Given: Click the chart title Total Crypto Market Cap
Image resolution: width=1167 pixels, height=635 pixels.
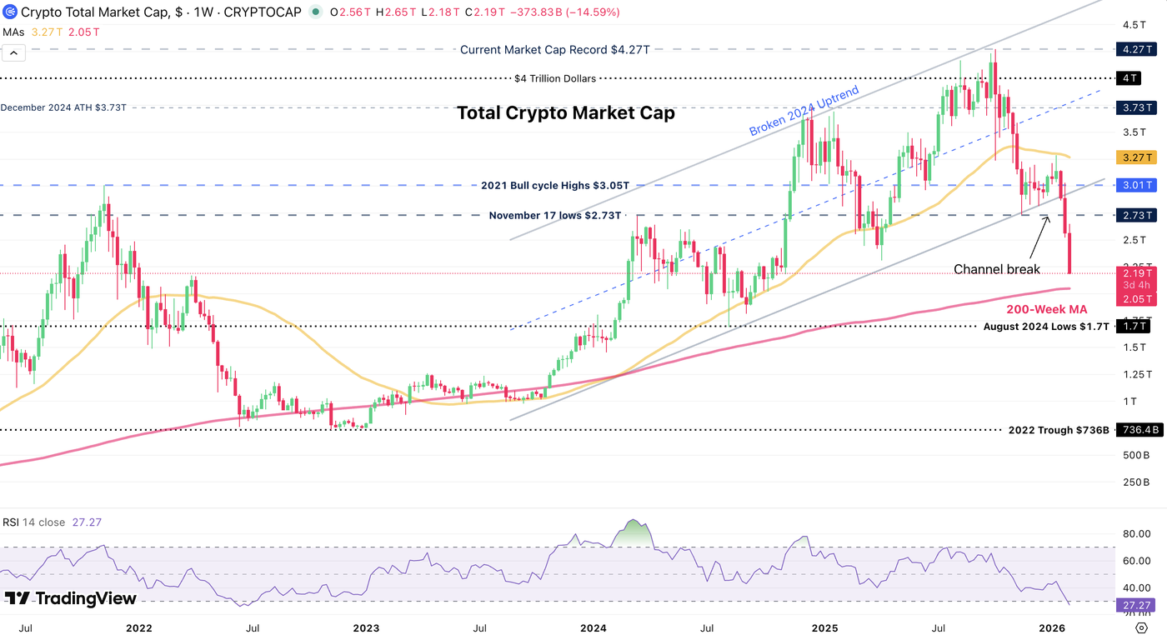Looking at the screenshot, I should [x=565, y=113].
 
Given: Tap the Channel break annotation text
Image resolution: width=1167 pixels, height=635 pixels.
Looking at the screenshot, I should [x=996, y=269].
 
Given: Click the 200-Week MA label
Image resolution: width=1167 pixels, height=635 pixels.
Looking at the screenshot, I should [x=1053, y=309].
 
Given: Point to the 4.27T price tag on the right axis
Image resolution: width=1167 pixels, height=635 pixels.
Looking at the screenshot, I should [x=1136, y=49].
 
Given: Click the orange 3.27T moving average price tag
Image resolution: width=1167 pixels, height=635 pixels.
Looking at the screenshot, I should [x=1136, y=157].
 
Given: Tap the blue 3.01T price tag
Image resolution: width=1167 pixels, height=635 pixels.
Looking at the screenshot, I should [x=1136, y=185].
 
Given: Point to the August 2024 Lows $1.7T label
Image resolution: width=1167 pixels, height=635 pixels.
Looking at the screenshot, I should [x=1046, y=327].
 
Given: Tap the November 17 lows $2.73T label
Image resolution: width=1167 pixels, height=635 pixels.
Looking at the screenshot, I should [x=554, y=215].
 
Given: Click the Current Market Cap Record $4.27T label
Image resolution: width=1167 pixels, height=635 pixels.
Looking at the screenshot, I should [x=554, y=49].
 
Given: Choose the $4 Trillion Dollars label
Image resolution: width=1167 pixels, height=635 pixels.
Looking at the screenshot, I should [x=555, y=78].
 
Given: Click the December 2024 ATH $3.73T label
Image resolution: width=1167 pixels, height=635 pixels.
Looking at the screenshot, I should [x=63, y=107].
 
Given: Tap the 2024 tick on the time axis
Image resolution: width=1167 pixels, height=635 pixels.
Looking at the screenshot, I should [x=593, y=627].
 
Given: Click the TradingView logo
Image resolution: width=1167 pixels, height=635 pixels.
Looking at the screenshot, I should [x=70, y=598].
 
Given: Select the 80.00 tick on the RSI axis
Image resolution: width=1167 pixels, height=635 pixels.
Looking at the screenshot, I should [x=1136, y=533].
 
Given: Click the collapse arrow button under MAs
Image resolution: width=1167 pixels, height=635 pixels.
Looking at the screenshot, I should [x=14, y=52].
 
